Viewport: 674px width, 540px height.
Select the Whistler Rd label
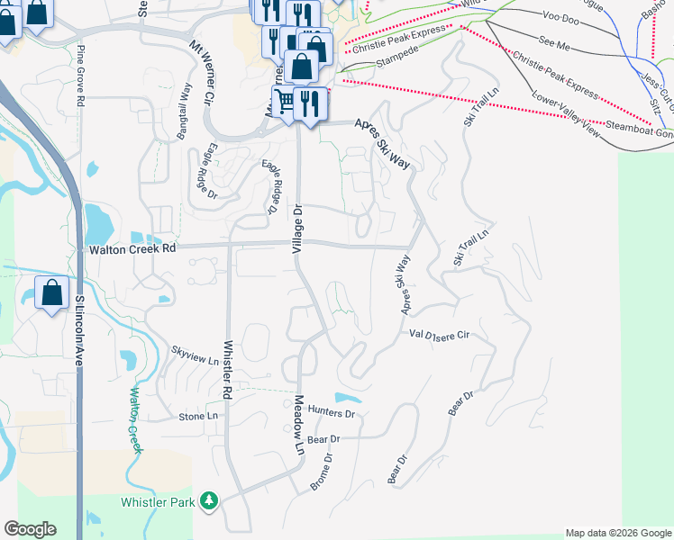(228, 370)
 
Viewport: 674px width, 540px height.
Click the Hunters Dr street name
(332, 412)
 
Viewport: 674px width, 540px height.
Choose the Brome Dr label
(322, 471)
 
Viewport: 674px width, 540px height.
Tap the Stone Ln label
(198, 417)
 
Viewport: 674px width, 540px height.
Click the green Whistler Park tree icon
(210, 499)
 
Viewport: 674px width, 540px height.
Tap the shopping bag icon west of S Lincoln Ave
(52, 292)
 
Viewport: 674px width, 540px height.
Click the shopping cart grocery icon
(284, 101)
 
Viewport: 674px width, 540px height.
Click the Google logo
(30, 529)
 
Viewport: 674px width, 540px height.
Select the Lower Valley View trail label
(566, 114)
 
